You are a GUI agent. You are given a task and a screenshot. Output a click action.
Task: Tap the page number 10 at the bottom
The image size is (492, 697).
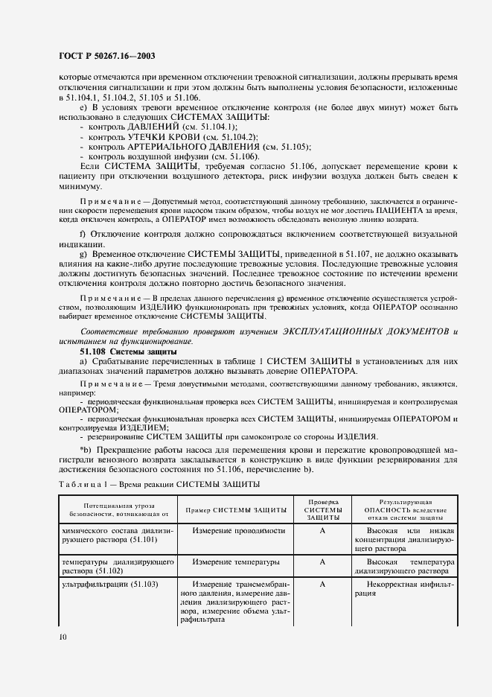62,636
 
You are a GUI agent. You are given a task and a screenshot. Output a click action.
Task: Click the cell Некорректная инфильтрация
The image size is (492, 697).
403,590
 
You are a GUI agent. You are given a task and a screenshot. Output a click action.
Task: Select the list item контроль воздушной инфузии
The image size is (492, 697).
173,156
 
